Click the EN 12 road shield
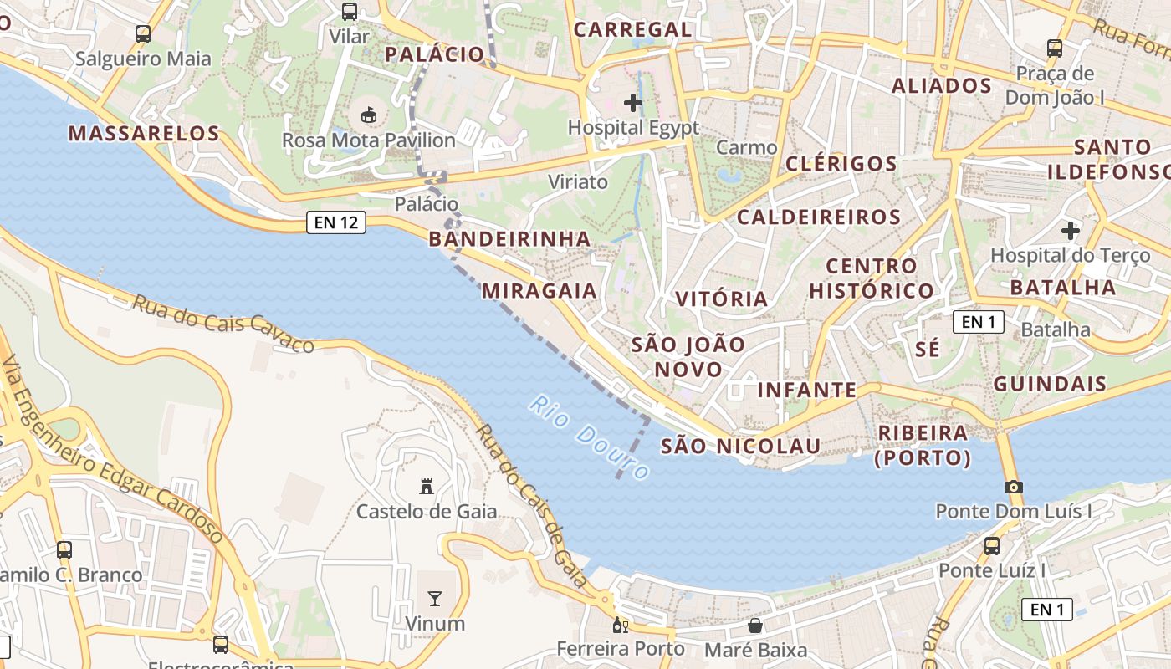(x=336, y=222)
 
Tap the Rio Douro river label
(x=589, y=437)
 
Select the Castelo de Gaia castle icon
(x=427, y=486)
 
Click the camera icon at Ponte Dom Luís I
(x=1014, y=487)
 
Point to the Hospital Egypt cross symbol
(x=633, y=103)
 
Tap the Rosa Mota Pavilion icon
(x=368, y=115)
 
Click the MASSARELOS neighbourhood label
(x=144, y=133)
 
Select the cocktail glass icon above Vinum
(x=435, y=598)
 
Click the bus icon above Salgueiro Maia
(x=143, y=34)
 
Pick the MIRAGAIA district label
(x=539, y=291)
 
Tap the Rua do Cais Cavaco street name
(x=222, y=323)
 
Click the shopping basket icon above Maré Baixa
(x=755, y=626)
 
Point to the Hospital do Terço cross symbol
(x=1071, y=230)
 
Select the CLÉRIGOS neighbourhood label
(x=841, y=163)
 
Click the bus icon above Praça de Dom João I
(x=1055, y=49)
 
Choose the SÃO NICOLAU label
(x=740, y=446)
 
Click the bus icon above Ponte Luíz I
(x=992, y=546)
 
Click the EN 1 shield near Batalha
(x=979, y=322)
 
